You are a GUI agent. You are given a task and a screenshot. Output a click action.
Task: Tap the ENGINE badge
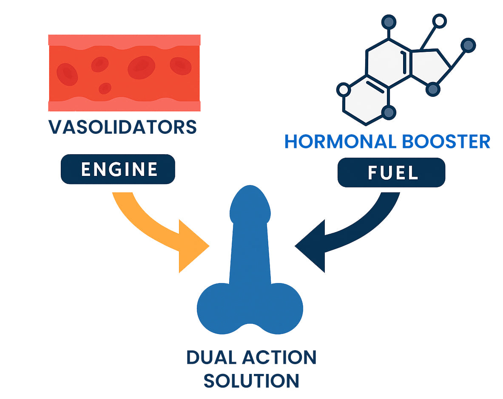click(118, 169)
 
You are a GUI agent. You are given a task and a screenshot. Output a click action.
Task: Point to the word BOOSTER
click(446, 141)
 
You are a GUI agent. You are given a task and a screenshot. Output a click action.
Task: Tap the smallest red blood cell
click(105, 88)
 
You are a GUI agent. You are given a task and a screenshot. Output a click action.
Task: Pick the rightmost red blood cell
click(180, 65)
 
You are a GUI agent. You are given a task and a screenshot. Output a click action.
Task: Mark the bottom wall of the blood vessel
click(124, 106)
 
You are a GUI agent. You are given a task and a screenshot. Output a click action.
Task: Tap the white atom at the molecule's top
click(440, 20)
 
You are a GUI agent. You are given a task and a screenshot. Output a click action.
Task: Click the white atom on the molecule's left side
click(343, 90)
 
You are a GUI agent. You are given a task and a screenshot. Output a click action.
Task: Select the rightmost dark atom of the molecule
click(468, 45)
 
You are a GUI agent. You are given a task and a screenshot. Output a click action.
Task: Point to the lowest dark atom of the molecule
click(389, 112)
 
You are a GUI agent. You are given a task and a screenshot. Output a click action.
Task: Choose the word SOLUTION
click(251, 380)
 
